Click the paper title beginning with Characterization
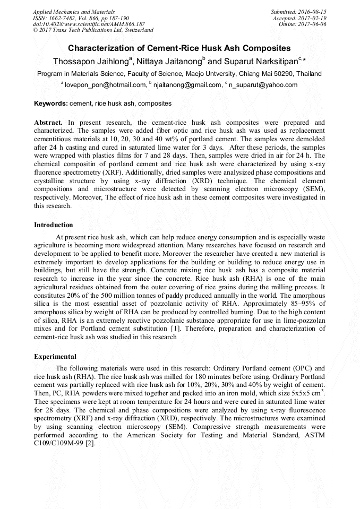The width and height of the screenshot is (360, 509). coord(179,48)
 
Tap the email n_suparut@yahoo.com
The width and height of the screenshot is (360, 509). coord(263,85)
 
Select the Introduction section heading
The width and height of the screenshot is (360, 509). coord(54,225)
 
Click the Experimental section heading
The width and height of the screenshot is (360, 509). coord(55,357)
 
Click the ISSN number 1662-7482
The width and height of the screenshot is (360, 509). coord(64,18)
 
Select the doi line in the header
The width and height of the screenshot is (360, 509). coord(89,24)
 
